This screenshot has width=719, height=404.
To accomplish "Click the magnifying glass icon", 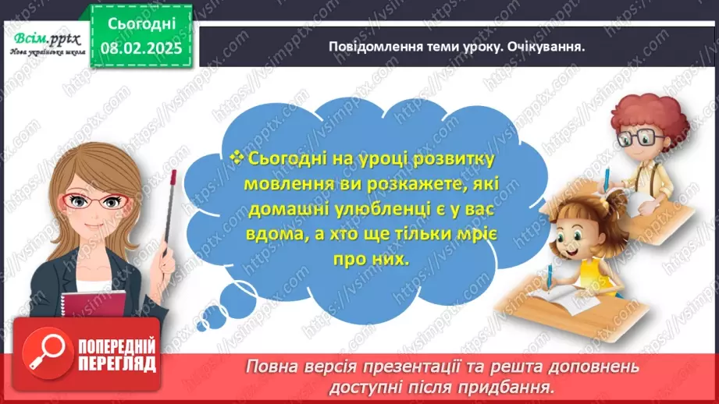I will click(x=42, y=353).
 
